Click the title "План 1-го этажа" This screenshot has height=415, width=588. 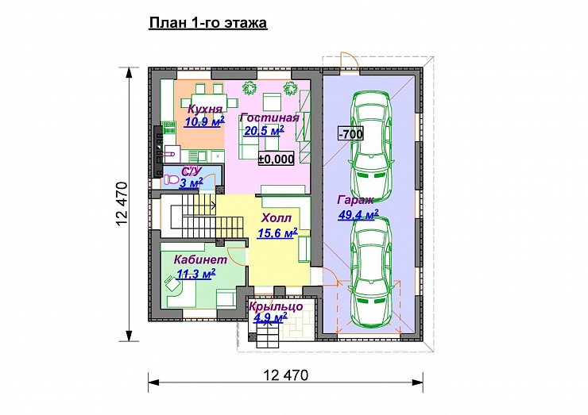pos(208,23)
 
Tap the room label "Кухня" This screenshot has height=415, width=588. pos(205,109)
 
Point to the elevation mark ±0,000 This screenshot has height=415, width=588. pos(277,159)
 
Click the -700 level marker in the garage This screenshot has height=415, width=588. pos(351,134)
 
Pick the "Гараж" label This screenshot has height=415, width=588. pos(355,200)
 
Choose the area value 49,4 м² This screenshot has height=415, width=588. pos(358,214)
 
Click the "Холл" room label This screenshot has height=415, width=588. pos(277,218)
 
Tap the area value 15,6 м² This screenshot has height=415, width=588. pos(277,233)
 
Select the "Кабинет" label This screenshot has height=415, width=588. pos(200,259)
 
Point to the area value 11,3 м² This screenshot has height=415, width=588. pos(195,274)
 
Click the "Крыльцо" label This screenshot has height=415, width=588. pos(276,306)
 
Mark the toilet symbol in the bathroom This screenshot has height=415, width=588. pos(172,180)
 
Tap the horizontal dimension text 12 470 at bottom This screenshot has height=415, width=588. pos(286,375)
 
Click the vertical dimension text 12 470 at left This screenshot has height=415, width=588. pos(122,204)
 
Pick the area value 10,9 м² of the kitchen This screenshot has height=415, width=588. pos(204,121)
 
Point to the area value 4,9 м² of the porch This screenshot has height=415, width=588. pos(270,318)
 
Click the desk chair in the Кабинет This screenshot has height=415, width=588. pos(172,283)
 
